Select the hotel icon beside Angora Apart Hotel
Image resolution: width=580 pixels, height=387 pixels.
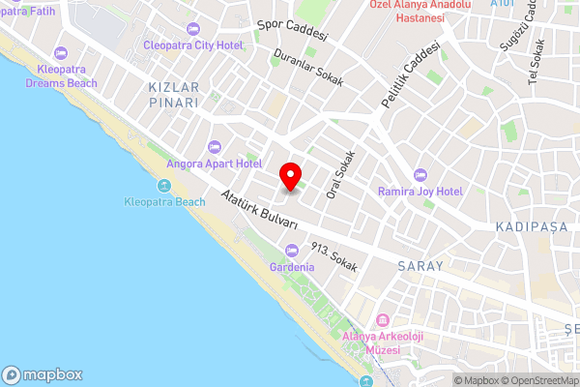pos(214,147)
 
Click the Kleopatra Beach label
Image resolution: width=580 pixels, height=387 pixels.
pos(165,201)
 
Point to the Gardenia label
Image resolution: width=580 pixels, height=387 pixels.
pos(292,266)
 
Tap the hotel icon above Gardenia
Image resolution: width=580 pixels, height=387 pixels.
pos(291,250)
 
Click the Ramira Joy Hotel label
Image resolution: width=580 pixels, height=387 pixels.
pos(420,191)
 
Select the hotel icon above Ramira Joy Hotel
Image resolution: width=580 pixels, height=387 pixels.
pos(420,174)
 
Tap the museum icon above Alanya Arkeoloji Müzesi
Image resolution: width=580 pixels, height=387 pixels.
pos(384,320)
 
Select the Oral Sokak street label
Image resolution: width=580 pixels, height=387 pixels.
pos(341,175)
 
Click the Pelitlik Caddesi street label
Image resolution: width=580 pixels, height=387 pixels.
pos(411,74)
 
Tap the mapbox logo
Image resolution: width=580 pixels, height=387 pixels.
pos(43,374)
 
